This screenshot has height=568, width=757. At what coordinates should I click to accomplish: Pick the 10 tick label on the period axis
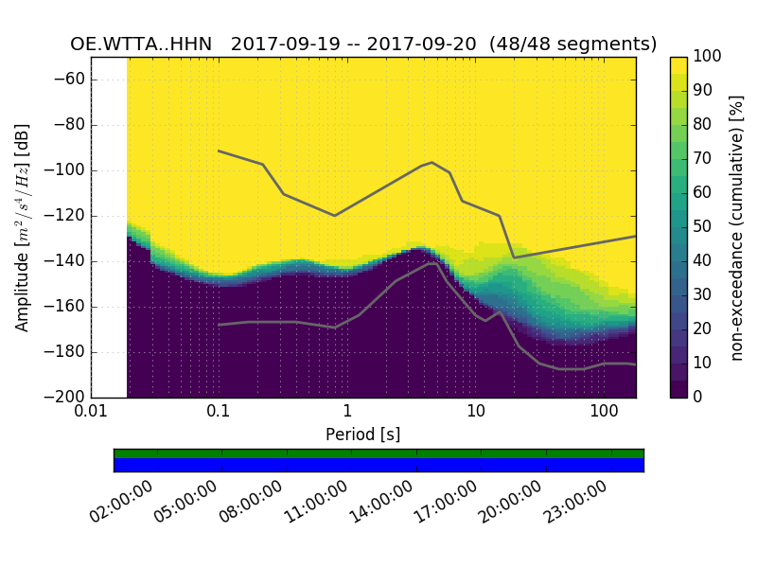[476, 413]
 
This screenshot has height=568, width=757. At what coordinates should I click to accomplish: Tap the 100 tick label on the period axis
[604, 413]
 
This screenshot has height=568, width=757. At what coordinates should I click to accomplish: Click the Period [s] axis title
[362, 435]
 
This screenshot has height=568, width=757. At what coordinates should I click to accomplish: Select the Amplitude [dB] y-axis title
[23, 227]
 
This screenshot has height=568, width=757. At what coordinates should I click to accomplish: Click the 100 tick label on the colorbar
[709, 57]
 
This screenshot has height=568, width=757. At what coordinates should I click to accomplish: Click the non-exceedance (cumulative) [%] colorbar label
[737, 227]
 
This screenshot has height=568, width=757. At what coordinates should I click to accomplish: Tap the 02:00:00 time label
[126, 503]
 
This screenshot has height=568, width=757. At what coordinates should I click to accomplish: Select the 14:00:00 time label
[384, 503]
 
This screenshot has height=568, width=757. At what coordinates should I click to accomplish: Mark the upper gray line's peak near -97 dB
[432, 162]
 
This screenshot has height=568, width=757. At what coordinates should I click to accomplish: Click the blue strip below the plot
[378, 465]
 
